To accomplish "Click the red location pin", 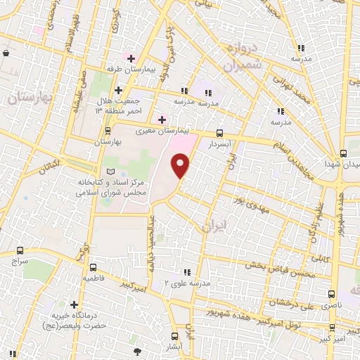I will tap(181, 166).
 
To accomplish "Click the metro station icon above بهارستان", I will tap(107, 131).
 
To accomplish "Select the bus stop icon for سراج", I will tap(19, 250).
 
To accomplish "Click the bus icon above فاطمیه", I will tap(93, 266).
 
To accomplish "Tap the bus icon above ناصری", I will tap(330, 295).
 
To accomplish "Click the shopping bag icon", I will tap(6, 53).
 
